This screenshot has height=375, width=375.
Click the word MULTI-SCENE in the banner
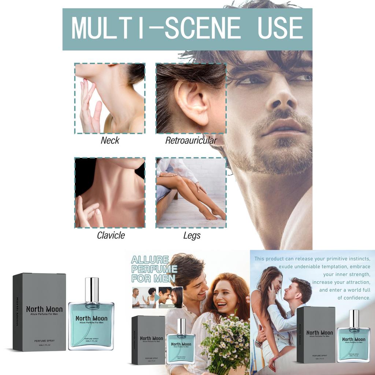(x=156, y=28)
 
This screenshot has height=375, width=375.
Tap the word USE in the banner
(x=280, y=28)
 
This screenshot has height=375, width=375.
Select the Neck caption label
(x=110, y=140)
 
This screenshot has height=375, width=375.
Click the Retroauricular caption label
(x=191, y=140)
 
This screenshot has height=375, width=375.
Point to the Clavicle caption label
(x=111, y=235)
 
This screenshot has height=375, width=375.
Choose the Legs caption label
(x=192, y=235)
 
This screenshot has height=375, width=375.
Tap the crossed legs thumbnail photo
(x=191, y=193)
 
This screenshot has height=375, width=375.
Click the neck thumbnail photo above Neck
(x=110, y=99)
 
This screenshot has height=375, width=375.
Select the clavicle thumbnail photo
(x=110, y=193)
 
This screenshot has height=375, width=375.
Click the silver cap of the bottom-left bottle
(x=92, y=290)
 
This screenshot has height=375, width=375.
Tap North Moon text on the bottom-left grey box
(x=44, y=309)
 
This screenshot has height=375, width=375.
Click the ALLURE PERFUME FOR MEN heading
(x=154, y=269)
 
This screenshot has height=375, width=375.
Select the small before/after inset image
(x=157, y=297)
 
